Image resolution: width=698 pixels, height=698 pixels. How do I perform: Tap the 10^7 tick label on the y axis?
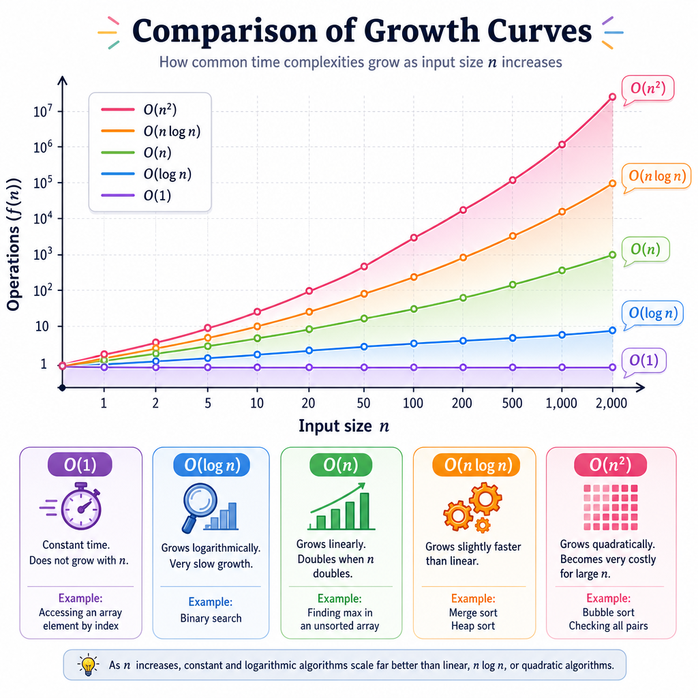(43, 110)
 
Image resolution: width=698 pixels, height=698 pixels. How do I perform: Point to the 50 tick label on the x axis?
(364, 403)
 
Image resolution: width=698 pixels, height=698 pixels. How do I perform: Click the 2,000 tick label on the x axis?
(611, 403)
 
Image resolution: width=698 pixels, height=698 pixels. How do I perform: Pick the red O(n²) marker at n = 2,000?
(613, 97)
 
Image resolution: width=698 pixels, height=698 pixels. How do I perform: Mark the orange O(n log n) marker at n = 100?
(414, 277)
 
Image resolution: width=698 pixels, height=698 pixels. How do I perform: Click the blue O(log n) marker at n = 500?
(513, 338)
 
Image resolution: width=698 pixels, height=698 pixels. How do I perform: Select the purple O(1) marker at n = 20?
(309, 367)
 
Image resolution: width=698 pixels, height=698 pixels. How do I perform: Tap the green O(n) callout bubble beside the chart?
(646, 249)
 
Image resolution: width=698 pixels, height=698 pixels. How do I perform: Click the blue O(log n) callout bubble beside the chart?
(652, 314)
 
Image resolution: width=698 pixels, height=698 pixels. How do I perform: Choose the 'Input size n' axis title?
(344, 426)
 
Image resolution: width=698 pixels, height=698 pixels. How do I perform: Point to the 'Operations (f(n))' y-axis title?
(14, 244)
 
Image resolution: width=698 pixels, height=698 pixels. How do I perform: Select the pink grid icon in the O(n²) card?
(611, 507)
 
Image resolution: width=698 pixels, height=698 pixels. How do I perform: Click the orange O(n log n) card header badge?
(476, 465)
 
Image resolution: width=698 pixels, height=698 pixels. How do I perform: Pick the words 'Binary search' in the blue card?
(211, 618)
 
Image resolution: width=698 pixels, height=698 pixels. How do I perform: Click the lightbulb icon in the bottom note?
(88, 665)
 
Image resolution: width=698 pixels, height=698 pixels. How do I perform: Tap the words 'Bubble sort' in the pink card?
(609, 613)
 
